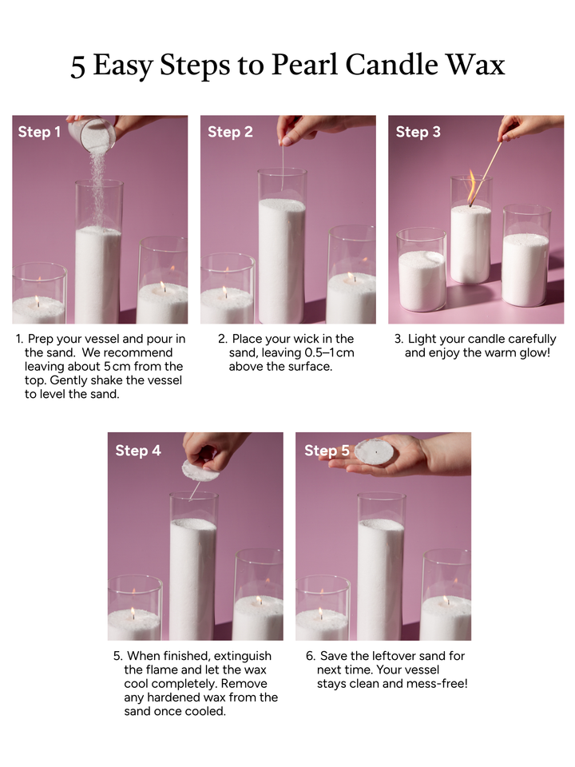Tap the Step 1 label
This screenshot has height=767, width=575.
click(x=39, y=132)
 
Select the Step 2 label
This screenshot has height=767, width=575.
click(x=230, y=132)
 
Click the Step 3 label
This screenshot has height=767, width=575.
click(x=418, y=132)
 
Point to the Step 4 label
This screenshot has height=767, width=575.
click(x=137, y=451)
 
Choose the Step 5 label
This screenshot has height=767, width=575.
click(x=327, y=451)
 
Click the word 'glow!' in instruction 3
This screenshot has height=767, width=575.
click(x=530, y=353)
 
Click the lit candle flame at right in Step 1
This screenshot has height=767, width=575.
click(x=162, y=286)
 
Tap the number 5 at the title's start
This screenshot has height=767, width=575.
click(x=77, y=66)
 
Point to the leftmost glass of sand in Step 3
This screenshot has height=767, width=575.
click(x=422, y=272)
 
